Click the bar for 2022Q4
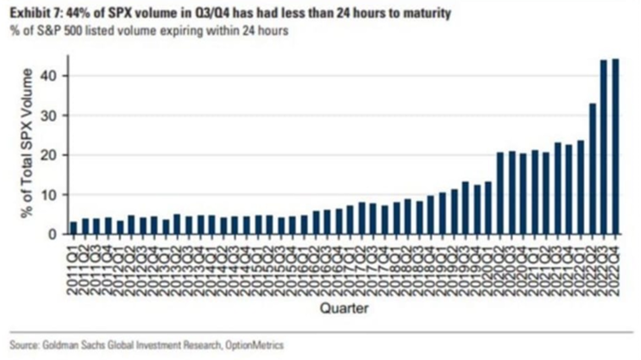[x=615, y=147]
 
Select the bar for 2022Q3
[x=604, y=147]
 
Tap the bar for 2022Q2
[x=592, y=169]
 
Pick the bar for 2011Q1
[x=73, y=228]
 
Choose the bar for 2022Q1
[x=581, y=187]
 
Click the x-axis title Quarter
[x=343, y=307]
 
